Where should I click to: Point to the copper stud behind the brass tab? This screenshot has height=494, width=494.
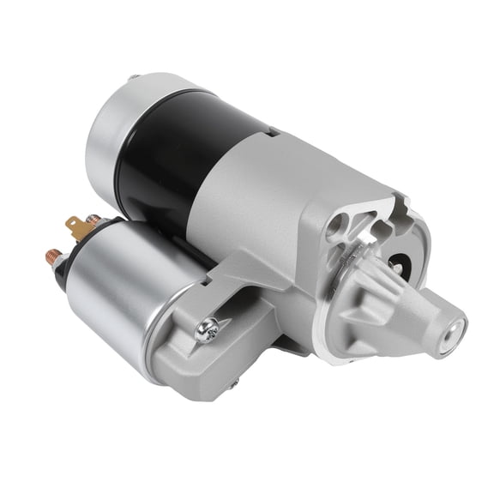pos(93,220)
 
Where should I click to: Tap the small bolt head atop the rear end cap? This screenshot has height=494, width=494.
pos(134,78)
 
